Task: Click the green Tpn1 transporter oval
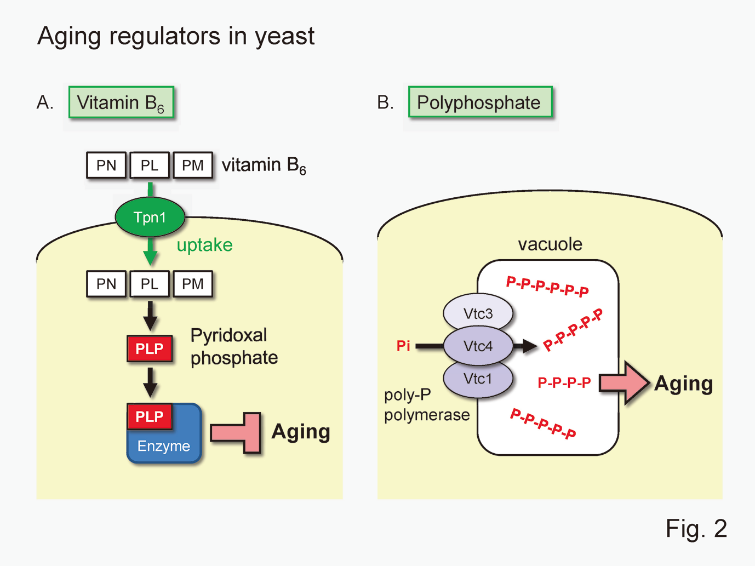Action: (x=150, y=218)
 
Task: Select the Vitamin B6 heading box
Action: (x=121, y=102)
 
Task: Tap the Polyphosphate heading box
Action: (x=480, y=102)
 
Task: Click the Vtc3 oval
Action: (x=478, y=313)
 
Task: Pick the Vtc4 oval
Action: (x=478, y=346)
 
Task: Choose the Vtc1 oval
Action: (x=478, y=379)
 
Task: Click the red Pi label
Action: (x=403, y=346)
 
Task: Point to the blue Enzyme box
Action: (x=164, y=445)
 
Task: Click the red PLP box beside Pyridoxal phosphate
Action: (x=150, y=349)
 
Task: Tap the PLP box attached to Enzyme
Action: (x=150, y=416)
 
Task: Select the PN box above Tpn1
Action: (x=106, y=165)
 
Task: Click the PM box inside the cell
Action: (x=193, y=284)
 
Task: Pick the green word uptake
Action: (x=204, y=245)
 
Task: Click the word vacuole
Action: (x=550, y=244)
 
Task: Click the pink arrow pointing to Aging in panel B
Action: (x=624, y=382)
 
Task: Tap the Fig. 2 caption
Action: (x=696, y=529)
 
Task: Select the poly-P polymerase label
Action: (x=426, y=405)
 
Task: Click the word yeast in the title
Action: (x=284, y=37)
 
